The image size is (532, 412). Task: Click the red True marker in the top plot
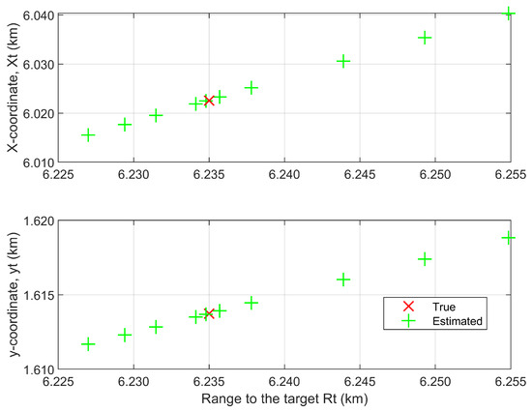pyautogui.click(x=209, y=101)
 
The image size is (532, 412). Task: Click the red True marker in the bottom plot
pyautogui.click(x=209, y=313)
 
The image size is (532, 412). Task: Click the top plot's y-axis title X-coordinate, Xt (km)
pyautogui.click(x=14, y=87)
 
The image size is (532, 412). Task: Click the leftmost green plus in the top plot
pyautogui.click(x=88, y=135)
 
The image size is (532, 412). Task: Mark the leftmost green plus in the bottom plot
pyautogui.click(x=88, y=344)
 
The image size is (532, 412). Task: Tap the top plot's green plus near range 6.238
pyautogui.click(x=251, y=88)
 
